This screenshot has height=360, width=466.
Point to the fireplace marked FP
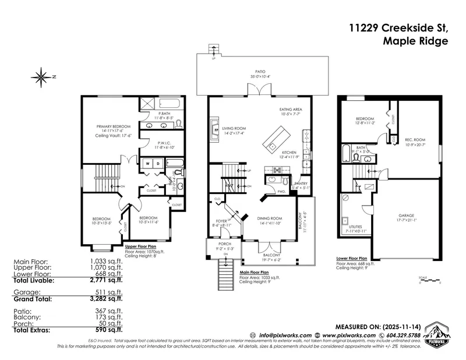215,129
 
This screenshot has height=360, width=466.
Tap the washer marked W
147,164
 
